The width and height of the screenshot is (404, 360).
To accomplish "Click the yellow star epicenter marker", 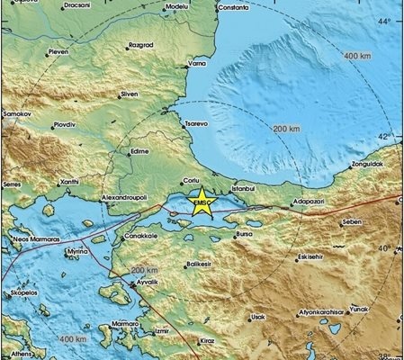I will coord(202,198).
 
